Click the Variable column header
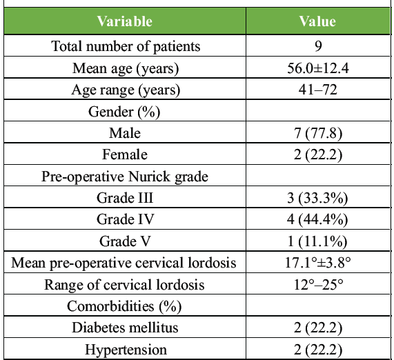point(125,21)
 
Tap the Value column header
point(317,21)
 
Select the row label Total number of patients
point(126,46)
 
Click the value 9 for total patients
point(318,46)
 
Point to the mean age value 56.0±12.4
point(318,68)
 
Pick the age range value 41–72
point(318,90)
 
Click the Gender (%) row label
point(124,112)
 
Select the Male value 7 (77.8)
point(318,133)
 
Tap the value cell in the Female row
point(318,154)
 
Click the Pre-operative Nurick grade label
point(125,177)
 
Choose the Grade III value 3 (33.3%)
point(317,198)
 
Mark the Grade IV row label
point(125,219)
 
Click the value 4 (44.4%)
point(317,219)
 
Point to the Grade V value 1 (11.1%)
point(317,241)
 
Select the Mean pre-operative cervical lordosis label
point(124,263)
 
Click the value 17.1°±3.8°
point(318,263)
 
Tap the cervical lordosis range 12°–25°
point(318,285)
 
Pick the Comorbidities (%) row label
point(124,306)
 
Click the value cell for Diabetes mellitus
point(318,328)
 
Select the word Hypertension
point(126,350)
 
